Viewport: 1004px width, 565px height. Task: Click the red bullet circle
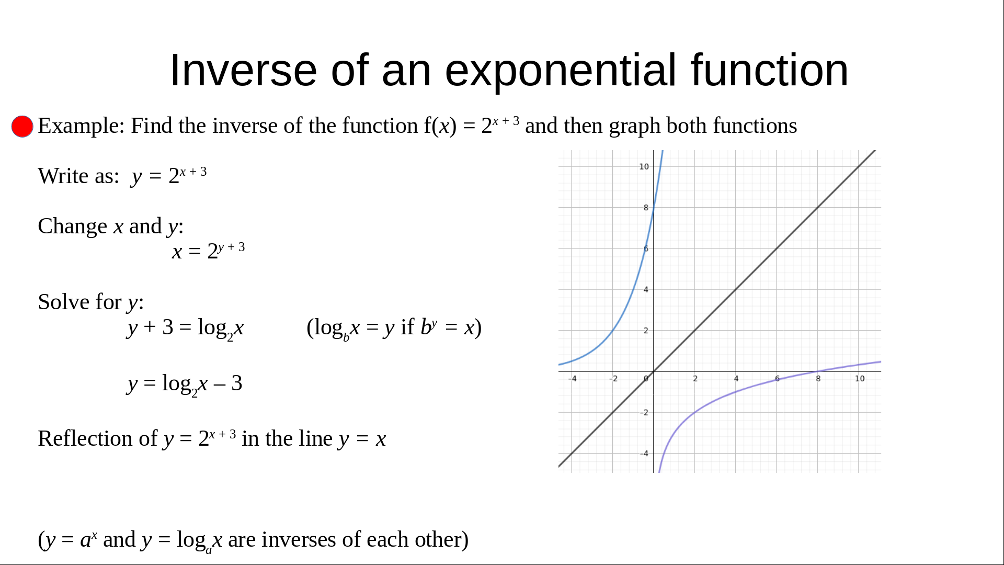click(x=22, y=127)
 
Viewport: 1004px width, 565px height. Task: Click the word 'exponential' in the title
click(x=561, y=71)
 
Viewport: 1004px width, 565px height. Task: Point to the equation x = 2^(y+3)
click(x=209, y=251)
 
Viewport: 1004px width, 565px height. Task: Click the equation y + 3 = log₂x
click(x=186, y=329)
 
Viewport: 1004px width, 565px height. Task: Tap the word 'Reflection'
click(x=98, y=438)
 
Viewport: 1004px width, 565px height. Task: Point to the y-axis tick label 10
click(x=644, y=167)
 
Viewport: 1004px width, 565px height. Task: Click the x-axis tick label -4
click(x=572, y=379)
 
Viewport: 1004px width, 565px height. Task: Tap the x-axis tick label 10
click(x=860, y=379)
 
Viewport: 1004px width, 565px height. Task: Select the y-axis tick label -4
click(x=644, y=454)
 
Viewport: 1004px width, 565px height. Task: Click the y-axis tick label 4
click(x=646, y=290)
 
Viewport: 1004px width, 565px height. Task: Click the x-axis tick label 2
click(x=695, y=379)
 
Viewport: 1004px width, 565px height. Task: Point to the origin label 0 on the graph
click(x=646, y=379)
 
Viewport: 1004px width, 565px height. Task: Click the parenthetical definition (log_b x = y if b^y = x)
click(x=394, y=329)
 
